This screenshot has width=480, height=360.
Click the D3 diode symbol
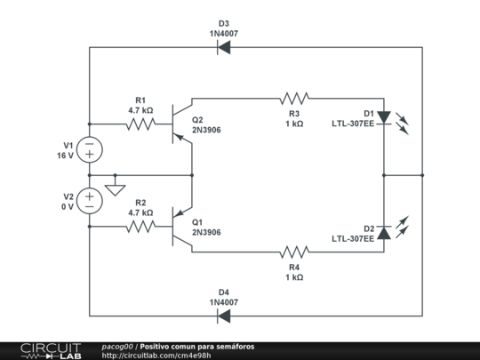pyautogui.click(x=223, y=47)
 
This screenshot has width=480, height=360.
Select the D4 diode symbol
pyautogui.click(x=223, y=316)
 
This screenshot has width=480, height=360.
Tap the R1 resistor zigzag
pyautogui.click(x=140, y=124)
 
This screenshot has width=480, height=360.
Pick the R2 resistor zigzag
pyautogui.click(x=140, y=227)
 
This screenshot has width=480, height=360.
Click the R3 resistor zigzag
pyautogui.click(x=294, y=99)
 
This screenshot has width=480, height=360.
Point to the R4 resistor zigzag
pyautogui.click(x=294, y=252)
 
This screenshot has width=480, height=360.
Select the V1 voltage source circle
pyautogui.click(x=90, y=149)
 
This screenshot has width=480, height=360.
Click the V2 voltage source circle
pyautogui.click(x=90, y=201)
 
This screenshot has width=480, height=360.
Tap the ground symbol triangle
pyautogui.click(x=115, y=190)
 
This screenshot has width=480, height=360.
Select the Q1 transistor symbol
pyautogui.click(x=182, y=227)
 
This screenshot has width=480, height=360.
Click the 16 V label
pyautogui.click(x=65, y=156)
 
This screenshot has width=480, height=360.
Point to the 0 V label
pyautogui.click(x=68, y=207)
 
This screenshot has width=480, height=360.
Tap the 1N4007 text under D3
pyautogui.click(x=224, y=34)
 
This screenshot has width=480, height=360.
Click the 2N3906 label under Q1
pyautogui.click(x=206, y=232)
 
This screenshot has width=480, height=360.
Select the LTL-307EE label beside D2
pyautogui.click(x=353, y=238)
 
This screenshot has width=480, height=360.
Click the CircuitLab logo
pyautogui.click(x=51, y=351)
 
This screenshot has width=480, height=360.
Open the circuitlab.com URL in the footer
pyautogui.click(x=156, y=356)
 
